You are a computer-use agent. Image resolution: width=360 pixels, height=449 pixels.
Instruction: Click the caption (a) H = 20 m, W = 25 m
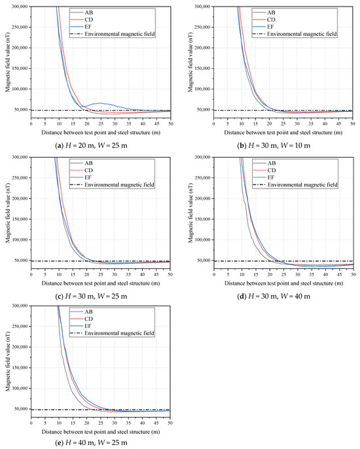click(91, 145)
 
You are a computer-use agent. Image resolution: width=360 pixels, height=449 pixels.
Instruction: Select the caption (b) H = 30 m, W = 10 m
click(274, 145)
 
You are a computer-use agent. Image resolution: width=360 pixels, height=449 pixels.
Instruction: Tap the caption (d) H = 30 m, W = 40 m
click(274, 296)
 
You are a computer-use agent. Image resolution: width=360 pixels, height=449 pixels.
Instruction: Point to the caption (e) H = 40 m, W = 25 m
click(91, 442)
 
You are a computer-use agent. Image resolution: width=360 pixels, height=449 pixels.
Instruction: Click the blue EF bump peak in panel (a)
click(100, 103)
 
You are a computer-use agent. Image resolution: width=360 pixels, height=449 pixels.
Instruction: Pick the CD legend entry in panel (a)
click(82, 20)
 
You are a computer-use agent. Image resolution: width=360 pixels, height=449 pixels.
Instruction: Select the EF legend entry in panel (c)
click(81, 177)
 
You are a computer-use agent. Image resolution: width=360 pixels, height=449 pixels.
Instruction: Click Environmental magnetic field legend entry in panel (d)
click(295, 185)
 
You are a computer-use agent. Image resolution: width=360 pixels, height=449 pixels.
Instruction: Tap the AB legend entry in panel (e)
click(81, 312)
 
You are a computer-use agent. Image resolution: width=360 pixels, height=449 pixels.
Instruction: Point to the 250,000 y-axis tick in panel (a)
click(20, 27)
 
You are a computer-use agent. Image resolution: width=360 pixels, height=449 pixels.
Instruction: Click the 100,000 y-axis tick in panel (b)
click(202, 89)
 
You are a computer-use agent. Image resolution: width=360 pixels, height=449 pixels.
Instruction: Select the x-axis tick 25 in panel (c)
click(101, 274)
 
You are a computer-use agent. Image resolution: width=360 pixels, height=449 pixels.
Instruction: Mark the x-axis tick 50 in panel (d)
click(353, 274)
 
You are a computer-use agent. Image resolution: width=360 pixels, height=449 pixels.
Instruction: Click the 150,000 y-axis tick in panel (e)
click(20, 368)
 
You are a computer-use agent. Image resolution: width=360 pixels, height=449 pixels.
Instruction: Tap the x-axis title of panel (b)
click(283, 133)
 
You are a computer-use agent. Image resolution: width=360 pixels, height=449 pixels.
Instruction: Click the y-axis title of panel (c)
click(7, 213)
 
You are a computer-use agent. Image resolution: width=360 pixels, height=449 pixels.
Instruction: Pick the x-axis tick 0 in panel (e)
click(31, 423)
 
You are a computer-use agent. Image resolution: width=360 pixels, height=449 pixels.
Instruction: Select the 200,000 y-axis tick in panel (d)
click(202, 198)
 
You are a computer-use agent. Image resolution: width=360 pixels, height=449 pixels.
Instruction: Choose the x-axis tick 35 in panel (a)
click(128, 124)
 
